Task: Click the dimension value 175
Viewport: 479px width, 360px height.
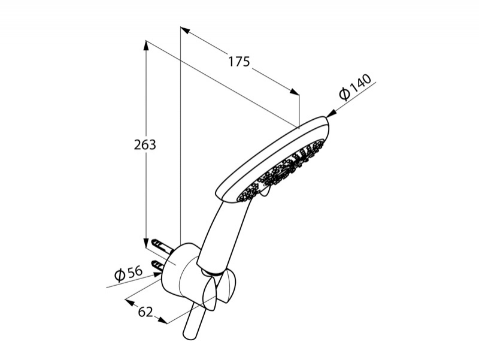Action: click(x=239, y=62)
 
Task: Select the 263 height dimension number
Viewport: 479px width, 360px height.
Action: click(x=145, y=145)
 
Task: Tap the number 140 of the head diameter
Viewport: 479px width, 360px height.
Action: click(x=360, y=83)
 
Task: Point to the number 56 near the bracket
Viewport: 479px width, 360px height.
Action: click(x=135, y=272)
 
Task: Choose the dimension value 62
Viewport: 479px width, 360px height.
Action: click(x=145, y=312)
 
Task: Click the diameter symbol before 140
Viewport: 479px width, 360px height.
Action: click(x=344, y=94)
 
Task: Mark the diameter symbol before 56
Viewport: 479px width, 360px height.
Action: click(x=120, y=276)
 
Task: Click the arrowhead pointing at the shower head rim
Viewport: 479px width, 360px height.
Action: click(x=331, y=113)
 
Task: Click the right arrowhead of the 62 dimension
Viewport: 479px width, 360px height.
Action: click(x=163, y=320)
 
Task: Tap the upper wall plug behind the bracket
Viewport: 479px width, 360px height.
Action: click(x=161, y=245)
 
